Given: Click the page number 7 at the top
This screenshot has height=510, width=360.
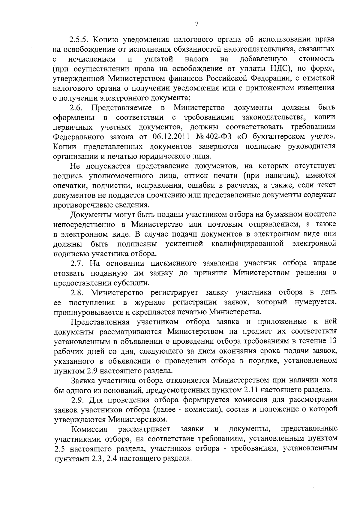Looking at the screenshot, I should coord(196,24).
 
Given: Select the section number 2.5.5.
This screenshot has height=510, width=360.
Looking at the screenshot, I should coord(79,40).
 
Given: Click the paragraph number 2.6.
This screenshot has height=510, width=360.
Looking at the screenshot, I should coord(76,108).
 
